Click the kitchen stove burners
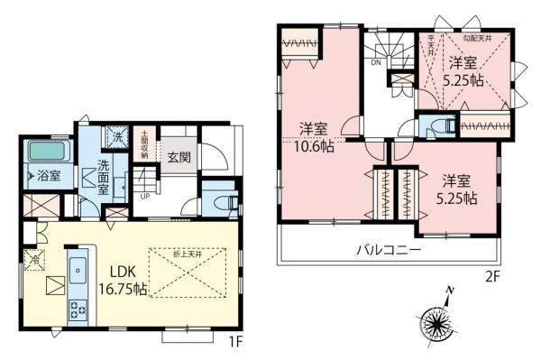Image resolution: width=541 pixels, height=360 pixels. click(75, 313)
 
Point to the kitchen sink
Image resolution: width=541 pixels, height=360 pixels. click(76, 269)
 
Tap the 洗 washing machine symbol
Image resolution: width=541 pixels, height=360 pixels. click(116, 137)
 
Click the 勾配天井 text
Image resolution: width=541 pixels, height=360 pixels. click(477, 37)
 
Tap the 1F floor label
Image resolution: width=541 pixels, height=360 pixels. click(233, 342)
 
